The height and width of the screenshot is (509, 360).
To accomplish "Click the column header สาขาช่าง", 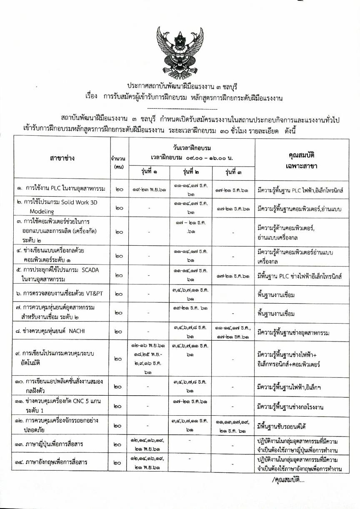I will click(62, 158).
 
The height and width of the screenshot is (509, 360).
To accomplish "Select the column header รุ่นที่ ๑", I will click(150, 172).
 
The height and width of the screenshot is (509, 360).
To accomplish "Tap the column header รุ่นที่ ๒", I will click(191, 172).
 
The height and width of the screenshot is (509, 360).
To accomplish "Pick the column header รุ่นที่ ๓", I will click(233, 172).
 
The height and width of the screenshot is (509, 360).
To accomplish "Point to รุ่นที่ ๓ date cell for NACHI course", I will click(233, 332).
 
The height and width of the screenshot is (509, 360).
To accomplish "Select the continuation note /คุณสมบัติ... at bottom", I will click(288, 480).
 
